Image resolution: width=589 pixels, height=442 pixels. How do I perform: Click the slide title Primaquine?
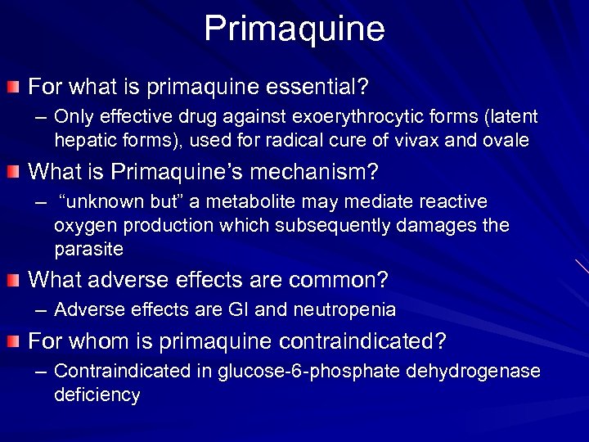click(294, 28)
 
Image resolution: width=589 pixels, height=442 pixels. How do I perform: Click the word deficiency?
click(97, 395)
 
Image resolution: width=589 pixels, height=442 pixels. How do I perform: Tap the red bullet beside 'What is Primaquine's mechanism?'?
click(14, 172)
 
